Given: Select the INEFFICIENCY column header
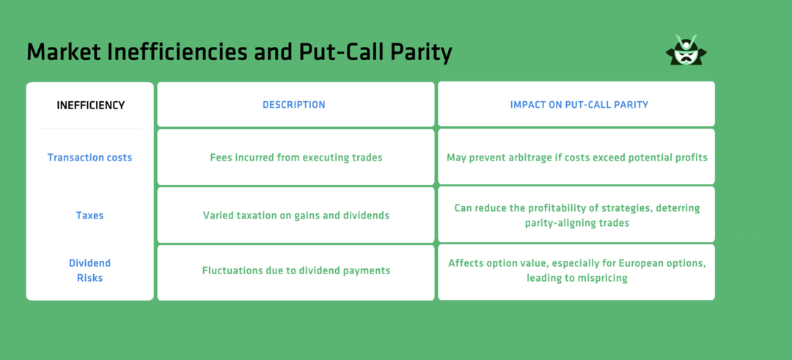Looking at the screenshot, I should pos(90,105).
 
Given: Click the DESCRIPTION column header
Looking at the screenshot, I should pos(294,105).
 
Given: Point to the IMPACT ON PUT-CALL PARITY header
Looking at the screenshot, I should pos(579,105).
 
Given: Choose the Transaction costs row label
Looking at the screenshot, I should pos(89,158).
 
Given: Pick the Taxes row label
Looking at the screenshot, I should pos(89,216).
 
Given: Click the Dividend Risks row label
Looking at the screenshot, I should pos(89,271).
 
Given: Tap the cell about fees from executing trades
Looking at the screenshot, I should pos(296,158).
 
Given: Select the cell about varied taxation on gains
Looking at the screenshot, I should pos(296,216).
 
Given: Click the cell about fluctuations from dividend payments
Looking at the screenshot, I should pos(296,271).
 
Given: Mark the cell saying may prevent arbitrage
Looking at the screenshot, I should pos(576,158).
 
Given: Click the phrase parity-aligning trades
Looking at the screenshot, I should pos(576,223).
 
